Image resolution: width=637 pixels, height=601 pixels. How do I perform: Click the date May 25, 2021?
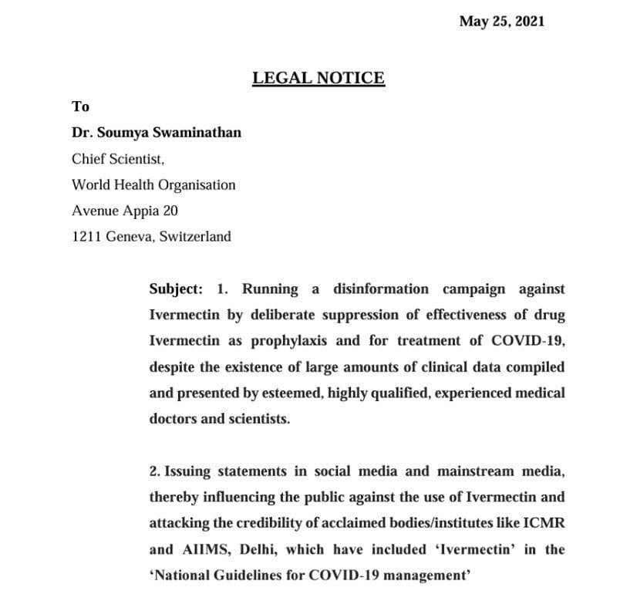pos(501,22)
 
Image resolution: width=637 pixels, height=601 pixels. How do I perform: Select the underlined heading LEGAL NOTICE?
pos(318,78)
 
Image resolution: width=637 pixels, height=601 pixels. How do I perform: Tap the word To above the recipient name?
pos(80,106)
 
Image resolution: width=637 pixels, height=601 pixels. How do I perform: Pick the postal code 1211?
pos(85,237)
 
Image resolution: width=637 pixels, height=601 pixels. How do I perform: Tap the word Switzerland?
pos(194,237)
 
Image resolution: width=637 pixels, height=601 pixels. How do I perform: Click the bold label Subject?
pos(176,289)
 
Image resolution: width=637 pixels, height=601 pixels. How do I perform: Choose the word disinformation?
pos(381,289)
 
